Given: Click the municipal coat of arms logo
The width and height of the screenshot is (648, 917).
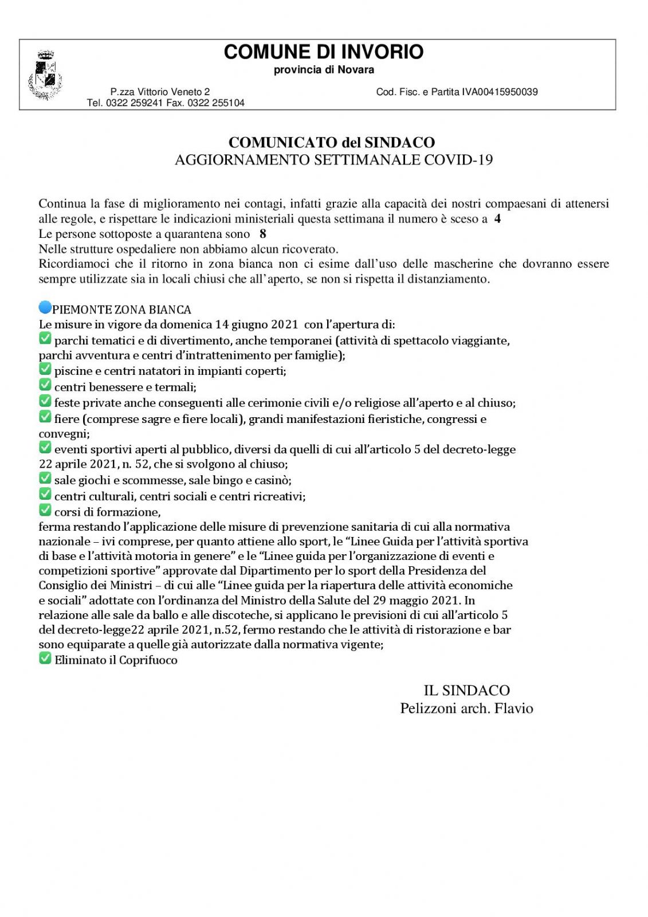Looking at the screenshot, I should (45, 75).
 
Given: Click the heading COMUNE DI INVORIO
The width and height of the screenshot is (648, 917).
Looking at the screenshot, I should (323, 52).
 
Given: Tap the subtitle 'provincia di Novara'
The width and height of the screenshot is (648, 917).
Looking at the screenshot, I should (324, 70).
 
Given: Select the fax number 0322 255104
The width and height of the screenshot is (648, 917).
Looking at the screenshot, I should (216, 103).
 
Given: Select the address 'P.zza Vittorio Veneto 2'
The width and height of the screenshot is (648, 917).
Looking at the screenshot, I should (160, 92).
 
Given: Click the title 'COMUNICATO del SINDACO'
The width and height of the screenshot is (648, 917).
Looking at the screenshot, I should (331, 143).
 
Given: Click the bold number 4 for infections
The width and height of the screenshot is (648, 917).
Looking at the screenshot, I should (497, 218).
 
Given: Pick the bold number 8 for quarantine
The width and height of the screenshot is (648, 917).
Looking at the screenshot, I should (263, 234).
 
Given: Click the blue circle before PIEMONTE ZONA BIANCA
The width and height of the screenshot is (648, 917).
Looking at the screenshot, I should (45, 308).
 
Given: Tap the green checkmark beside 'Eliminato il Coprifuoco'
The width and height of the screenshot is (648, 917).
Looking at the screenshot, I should (45, 659).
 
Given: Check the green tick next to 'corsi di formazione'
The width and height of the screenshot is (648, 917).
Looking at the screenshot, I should (45, 511).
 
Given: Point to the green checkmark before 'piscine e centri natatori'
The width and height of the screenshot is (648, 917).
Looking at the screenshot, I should (45, 370).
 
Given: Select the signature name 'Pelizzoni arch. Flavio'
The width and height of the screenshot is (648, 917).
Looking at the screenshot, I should (466, 708).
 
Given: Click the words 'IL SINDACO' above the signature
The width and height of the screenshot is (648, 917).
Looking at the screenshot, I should (466, 691).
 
